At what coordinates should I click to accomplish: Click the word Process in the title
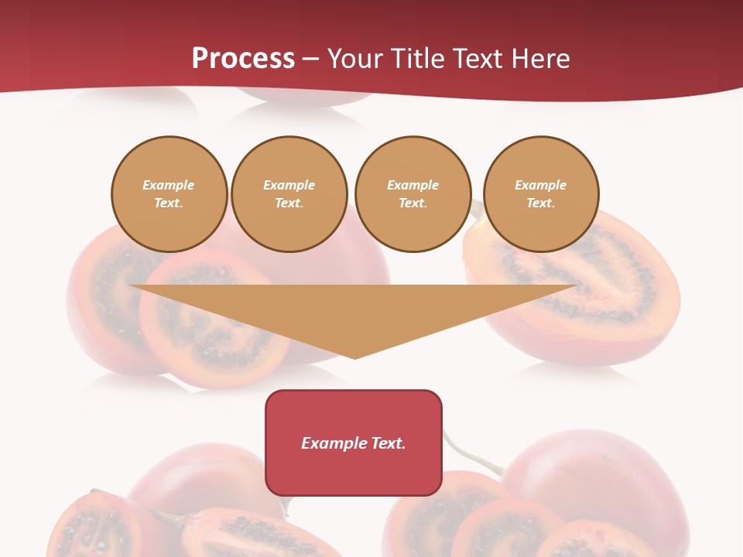(243, 59)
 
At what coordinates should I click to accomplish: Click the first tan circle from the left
(169, 194)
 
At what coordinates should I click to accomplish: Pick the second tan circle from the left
(289, 194)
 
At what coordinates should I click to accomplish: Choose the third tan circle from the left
(413, 194)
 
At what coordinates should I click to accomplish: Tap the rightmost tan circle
(541, 194)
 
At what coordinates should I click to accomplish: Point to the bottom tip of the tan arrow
(354, 357)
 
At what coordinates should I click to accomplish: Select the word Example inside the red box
(328, 443)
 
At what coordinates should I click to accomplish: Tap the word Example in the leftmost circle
(169, 185)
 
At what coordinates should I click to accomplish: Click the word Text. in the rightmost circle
(541, 203)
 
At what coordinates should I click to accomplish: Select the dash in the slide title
(311, 59)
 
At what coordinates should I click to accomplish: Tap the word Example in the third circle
(413, 185)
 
